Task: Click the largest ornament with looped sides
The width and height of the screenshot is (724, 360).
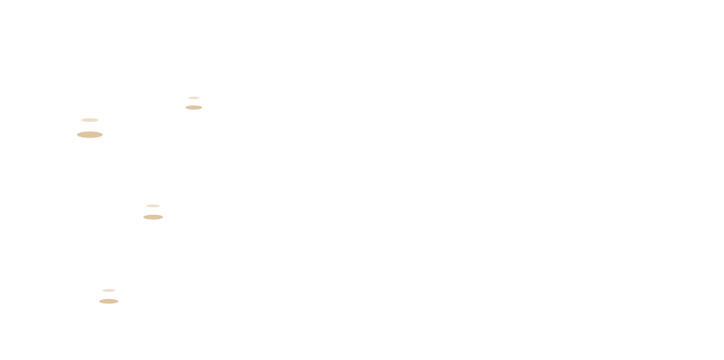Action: point(90,172)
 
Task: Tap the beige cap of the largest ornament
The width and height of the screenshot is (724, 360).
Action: point(90,135)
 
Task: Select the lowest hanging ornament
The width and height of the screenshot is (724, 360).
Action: point(109,330)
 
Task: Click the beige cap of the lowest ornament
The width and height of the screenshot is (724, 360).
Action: point(109,301)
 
